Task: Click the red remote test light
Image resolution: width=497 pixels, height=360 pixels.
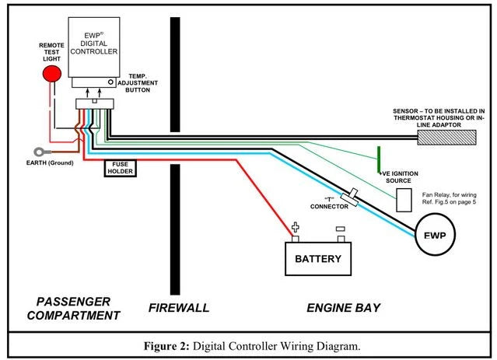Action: click(52, 74)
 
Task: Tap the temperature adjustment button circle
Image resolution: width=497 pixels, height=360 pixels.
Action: click(111, 82)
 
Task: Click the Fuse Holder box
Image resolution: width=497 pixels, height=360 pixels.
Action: click(121, 166)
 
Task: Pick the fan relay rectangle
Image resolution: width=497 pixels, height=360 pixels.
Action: click(404, 201)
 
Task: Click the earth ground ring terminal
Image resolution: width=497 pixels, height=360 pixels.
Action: click(37, 153)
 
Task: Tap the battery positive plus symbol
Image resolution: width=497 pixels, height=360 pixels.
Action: click(296, 229)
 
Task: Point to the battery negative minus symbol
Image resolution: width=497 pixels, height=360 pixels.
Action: click(340, 229)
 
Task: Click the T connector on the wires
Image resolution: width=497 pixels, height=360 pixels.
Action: click(352, 199)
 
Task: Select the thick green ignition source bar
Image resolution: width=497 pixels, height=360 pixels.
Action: click(379, 159)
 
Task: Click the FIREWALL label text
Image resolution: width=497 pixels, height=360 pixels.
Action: click(179, 308)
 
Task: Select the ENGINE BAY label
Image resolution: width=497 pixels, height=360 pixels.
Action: click(343, 308)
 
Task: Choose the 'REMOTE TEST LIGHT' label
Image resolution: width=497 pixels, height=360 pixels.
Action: click(51, 51)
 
